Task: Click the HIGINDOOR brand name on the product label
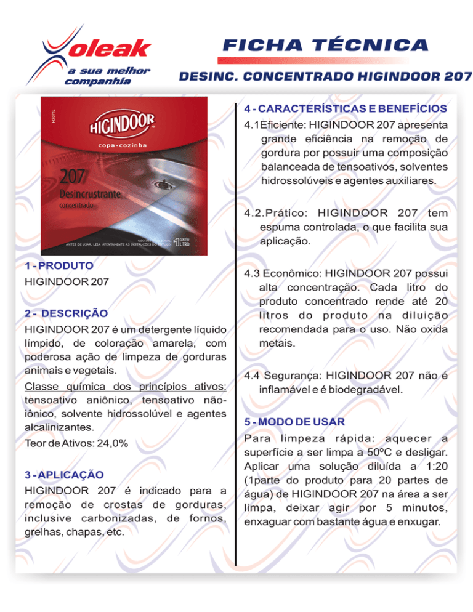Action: click(x=119, y=127)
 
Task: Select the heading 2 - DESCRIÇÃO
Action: click(x=65, y=313)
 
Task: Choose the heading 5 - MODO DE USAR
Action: click(x=293, y=422)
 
